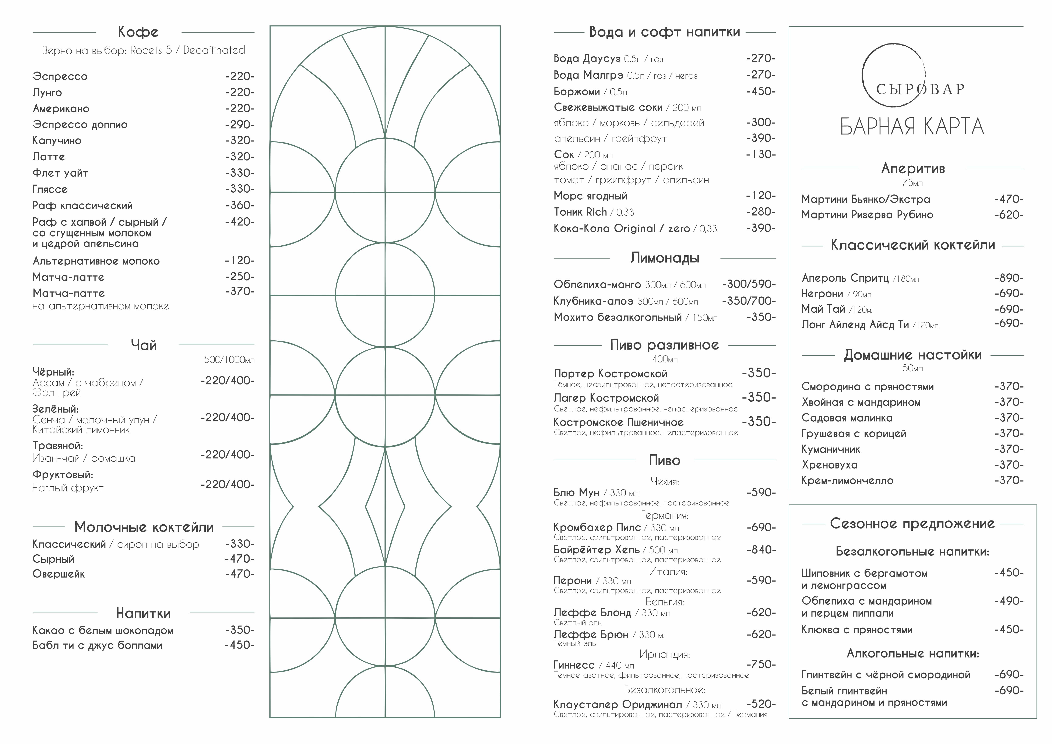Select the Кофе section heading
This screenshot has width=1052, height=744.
click(x=138, y=32)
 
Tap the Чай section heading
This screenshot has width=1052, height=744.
click(x=143, y=345)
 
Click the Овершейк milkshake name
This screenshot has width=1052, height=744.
click(x=58, y=574)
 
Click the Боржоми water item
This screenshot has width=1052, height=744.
click(x=576, y=92)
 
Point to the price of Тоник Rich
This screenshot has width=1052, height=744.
click(x=761, y=212)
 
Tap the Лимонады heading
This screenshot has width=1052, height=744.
click(x=664, y=258)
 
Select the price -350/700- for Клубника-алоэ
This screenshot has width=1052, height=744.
click(x=749, y=301)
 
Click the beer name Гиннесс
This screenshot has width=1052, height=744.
click(x=574, y=665)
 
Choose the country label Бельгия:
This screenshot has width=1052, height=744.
click(x=664, y=602)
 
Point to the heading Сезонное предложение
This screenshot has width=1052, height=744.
click(x=912, y=524)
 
